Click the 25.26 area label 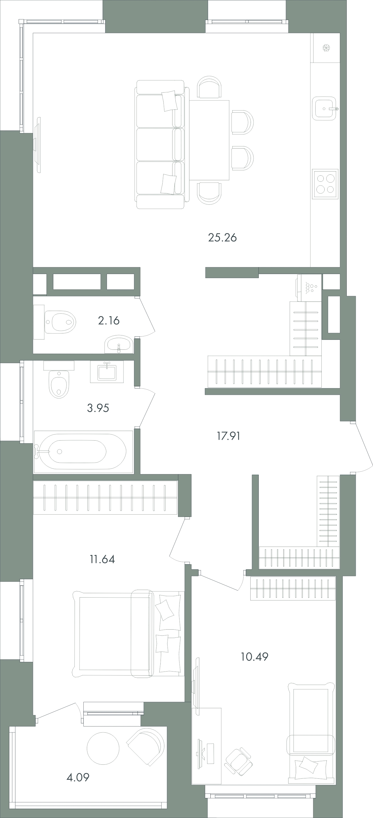tap(222, 238)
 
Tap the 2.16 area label tap(109, 321)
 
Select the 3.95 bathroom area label tap(98, 408)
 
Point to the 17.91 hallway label tap(228, 436)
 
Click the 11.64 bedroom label tap(102, 559)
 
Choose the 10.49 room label tap(254, 656)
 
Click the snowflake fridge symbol tap(326, 48)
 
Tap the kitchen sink tap(324, 109)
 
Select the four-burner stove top tap(325, 184)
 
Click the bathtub tap(83, 452)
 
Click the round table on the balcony tap(103, 748)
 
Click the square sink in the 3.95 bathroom tap(107, 372)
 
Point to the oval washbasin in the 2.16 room tap(119, 344)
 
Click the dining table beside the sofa tap(210, 140)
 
